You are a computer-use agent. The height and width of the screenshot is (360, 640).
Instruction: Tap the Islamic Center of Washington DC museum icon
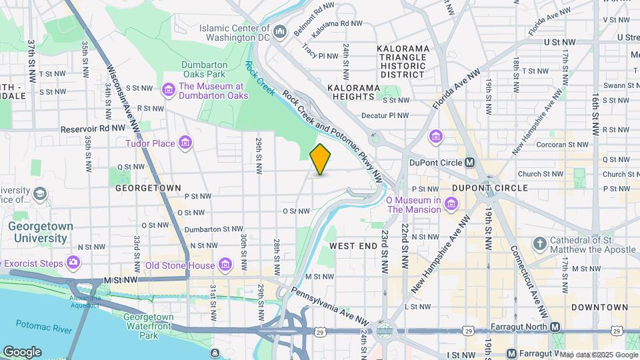pos(280,31)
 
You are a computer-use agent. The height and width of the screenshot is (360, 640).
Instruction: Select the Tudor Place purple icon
pos(185,143)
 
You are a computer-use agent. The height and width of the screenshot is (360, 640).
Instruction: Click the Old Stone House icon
pos(226,265)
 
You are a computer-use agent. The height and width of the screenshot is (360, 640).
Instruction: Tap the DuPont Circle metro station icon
pos(470,162)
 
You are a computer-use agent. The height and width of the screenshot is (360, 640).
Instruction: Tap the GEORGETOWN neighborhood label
pos(148,188)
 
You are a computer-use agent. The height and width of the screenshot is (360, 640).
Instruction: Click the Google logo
pos(22,351)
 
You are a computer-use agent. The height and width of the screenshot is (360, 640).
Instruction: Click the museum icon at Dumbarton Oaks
pos(167,89)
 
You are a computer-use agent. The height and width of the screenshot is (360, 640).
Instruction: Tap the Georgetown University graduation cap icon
pos(39,194)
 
